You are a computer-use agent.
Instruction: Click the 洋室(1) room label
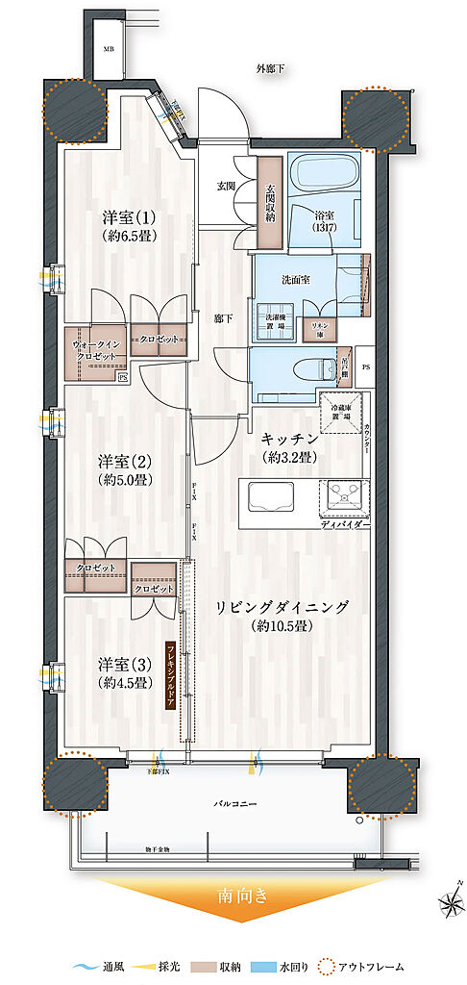click(x=125, y=225)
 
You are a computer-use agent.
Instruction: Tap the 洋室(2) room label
click(x=125, y=469)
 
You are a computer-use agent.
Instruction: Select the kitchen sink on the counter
click(x=275, y=498)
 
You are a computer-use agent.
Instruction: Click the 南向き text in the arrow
click(x=233, y=898)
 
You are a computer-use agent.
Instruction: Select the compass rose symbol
click(x=449, y=902)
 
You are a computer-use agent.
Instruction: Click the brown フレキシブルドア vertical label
click(x=170, y=674)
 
